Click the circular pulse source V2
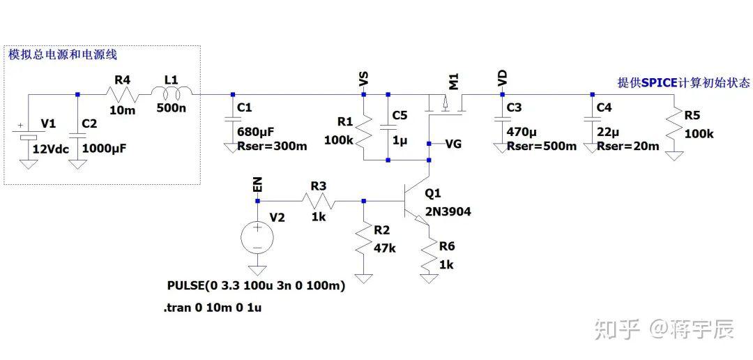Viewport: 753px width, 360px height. (x=257, y=237)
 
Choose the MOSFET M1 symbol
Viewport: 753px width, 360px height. (x=446, y=104)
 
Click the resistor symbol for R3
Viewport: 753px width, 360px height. (x=317, y=200)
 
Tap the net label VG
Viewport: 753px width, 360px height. (x=453, y=144)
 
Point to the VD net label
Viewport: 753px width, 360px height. (x=502, y=78)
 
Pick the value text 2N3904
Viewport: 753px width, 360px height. (x=448, y=211)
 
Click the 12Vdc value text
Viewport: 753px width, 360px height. (x=51, y=149)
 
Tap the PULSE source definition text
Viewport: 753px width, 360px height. (x=257, y=286)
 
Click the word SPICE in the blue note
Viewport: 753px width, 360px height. (x=659, y=82)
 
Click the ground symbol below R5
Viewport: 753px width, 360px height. (x=674, y=156)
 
